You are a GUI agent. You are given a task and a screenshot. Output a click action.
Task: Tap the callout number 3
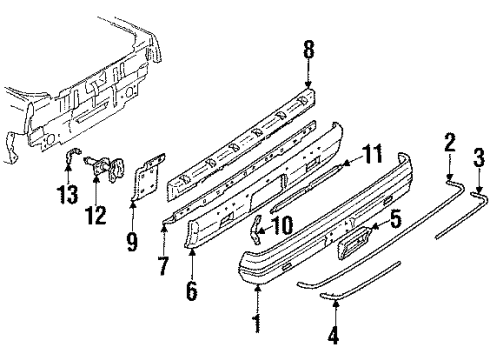click(479, 155)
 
